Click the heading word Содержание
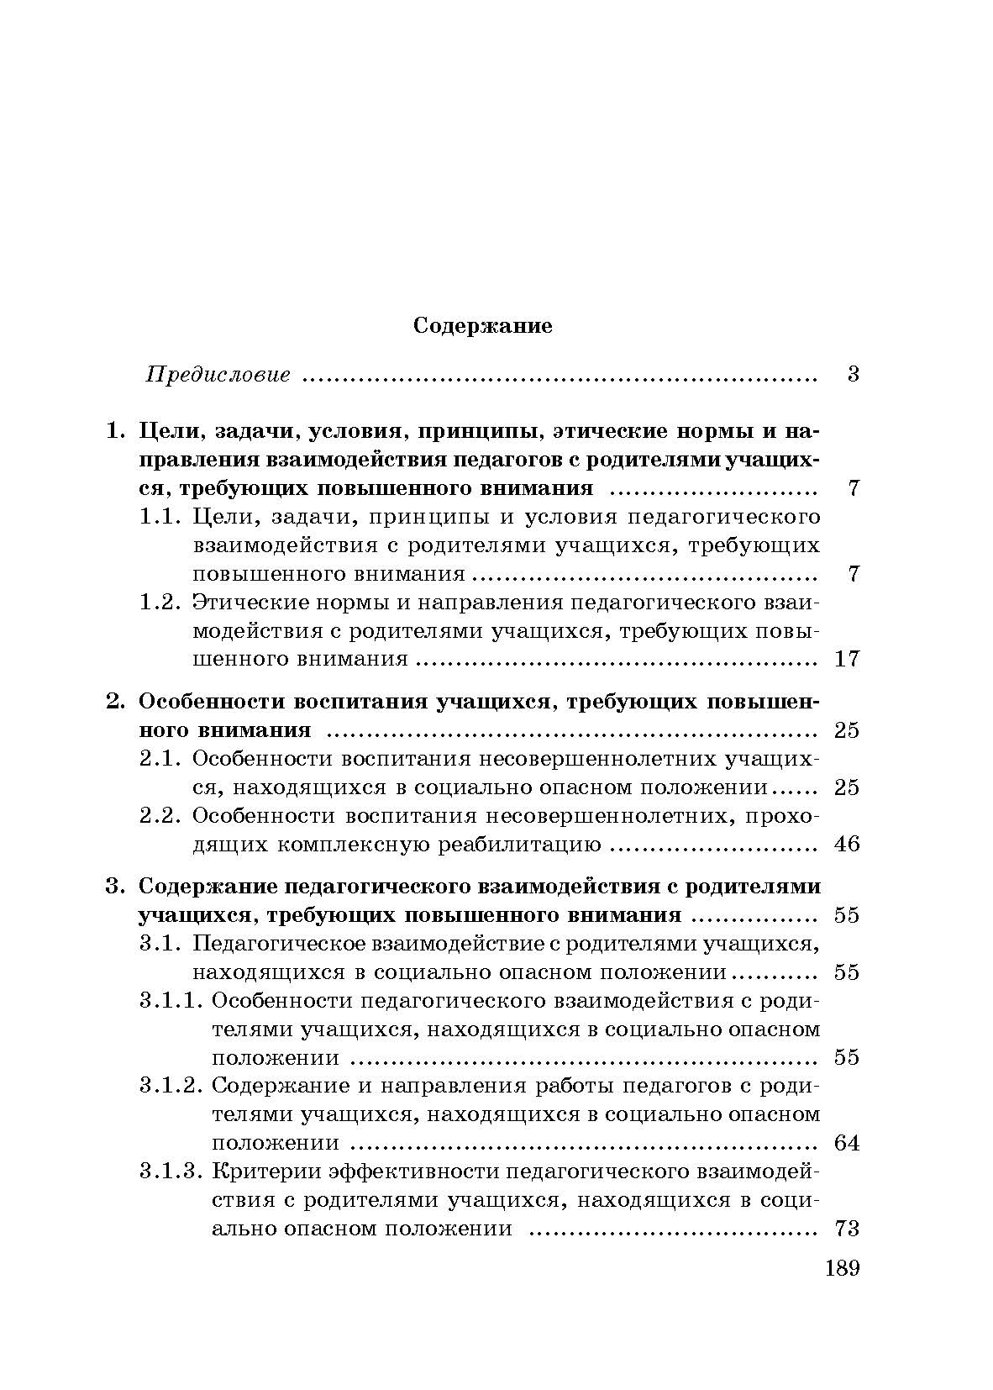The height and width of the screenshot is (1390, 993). pyautogui.click(x=483, y=325)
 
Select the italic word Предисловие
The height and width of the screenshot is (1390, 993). pyautogui.click(x=218, y=375)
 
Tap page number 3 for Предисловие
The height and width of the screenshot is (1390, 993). pyautogui.click(x=853, y=375)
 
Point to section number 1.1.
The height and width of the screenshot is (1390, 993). pyautogui.click(x=160, y=517)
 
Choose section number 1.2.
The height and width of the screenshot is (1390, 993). pyautogui.click(x=160, y=602)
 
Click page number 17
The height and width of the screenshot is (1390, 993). pyautogui.click(x=847, y=659)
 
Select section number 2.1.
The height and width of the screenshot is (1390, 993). pyautogui.click(x=160, y=759)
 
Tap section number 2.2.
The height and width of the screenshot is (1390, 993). pyautogui.click(x=160, y=816)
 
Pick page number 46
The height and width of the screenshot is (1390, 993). pyautogui.click(x=847, y=845)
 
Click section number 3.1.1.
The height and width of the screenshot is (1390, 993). pyautogui.click(x=171, y=1001)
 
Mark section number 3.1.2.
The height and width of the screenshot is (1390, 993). pyautogui.click(x=171, y=1086)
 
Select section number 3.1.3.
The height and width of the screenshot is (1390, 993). pyautogui.click(x=171, y=1171)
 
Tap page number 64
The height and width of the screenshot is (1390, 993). pyautogui.click(x=847, y=1143)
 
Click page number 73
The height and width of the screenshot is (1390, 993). pyautogui.click(x=847, y=1229)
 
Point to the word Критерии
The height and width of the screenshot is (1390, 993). pyautogui.click(x=265, y=1171)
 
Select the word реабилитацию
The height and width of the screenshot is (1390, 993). pyautogui.click(x=518, y=845)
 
